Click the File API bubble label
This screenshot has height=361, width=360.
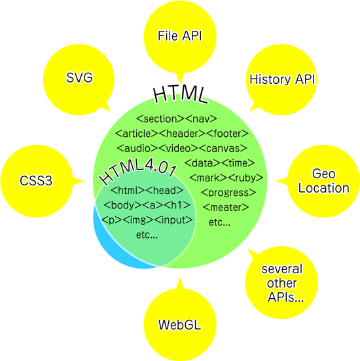179,36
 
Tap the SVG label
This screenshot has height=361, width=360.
79,77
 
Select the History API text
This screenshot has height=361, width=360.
282,79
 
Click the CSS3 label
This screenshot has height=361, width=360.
36,181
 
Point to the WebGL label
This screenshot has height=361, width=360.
179,325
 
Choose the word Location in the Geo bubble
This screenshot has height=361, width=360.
324,188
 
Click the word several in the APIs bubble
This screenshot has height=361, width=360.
282,269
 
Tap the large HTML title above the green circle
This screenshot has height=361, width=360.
181,94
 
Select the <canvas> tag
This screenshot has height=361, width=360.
223,148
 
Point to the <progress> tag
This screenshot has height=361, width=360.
228,193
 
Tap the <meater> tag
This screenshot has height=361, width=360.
226,208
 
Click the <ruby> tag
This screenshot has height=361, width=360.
246,178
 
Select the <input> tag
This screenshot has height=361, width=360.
173,220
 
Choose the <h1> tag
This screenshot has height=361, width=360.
177,205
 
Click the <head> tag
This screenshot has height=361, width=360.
165,191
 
